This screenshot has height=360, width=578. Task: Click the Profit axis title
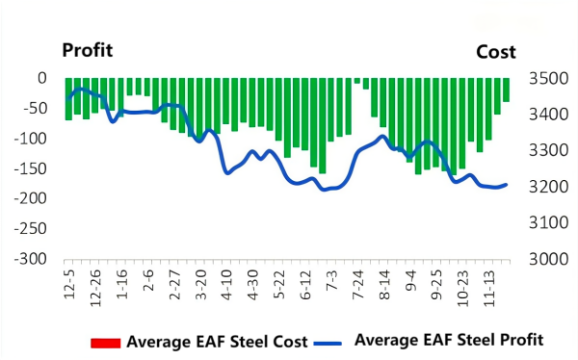89,51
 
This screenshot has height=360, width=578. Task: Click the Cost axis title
496,52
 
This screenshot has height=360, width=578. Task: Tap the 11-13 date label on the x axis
491,285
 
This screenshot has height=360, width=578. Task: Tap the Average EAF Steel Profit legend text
450,340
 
